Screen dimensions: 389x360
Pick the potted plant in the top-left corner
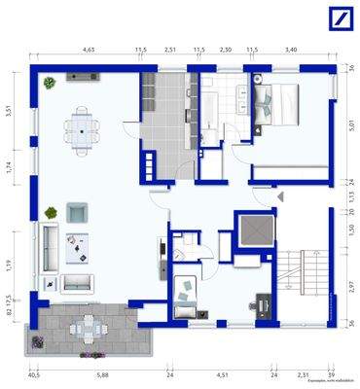[x=46, y=83]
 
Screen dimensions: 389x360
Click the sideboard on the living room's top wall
[x=78, y=76]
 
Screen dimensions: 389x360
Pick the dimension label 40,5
[x=33, y=373]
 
